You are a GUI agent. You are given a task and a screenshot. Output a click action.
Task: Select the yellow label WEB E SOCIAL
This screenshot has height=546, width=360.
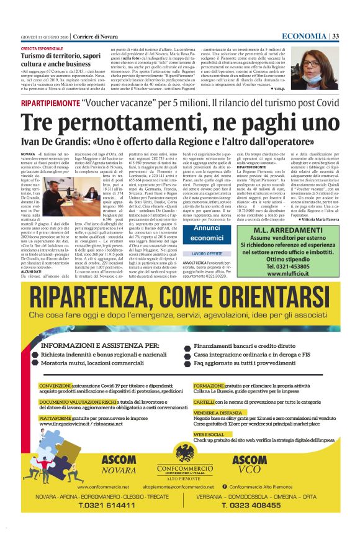(x=209, y=434)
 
